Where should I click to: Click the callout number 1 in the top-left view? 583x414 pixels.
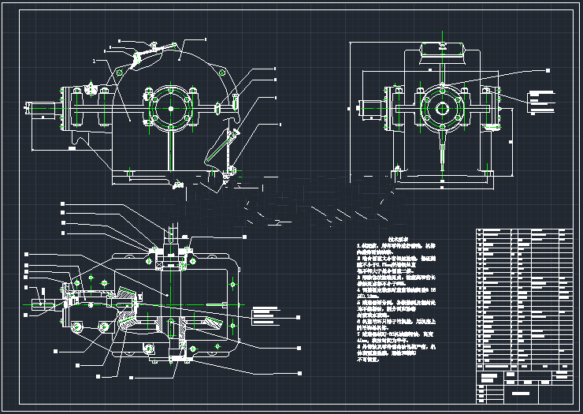point(94,60)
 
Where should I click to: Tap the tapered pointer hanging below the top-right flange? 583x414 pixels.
point(443,154)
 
